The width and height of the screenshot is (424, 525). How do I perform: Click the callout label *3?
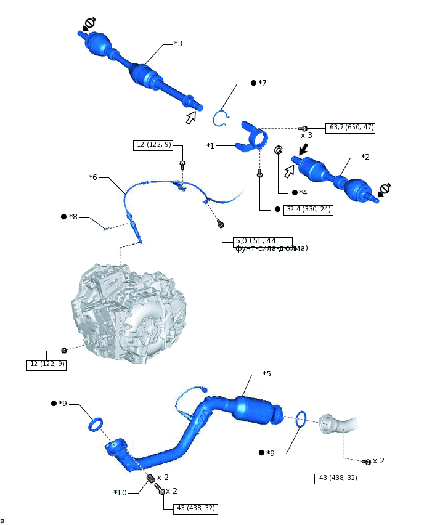point(177,44)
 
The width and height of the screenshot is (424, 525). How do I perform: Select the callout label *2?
point(365,157)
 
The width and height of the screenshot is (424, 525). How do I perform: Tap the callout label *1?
point(210,146)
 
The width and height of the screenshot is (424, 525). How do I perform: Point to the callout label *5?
point(266,374)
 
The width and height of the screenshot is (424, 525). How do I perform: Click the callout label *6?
point(93,177)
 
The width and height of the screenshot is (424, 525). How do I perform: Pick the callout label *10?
point(120,492)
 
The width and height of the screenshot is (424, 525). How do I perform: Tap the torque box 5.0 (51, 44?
point(263,241)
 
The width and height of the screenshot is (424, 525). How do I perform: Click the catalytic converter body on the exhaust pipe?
point(256,409)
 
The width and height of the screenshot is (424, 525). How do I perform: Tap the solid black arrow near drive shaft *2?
point(303,150)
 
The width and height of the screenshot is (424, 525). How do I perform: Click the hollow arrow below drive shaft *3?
point(192,117)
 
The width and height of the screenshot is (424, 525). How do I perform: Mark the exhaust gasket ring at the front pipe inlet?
point(97,424)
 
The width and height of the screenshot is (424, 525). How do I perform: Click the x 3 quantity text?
point(306,135)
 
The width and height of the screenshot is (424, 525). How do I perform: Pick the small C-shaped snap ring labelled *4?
point(278,150)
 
